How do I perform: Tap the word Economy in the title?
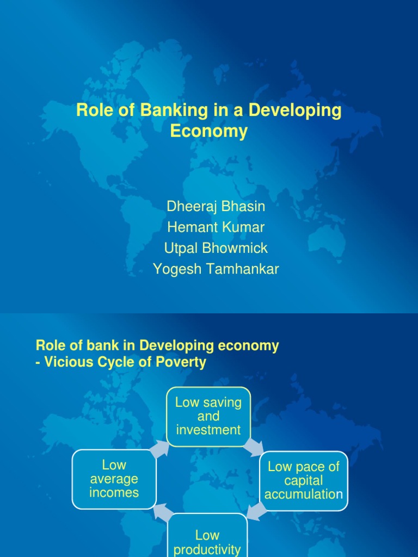click(208, 131)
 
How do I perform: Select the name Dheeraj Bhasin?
click(216, 207)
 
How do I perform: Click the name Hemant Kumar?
click(216, 227)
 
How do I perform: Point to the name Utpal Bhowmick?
click(216, 248)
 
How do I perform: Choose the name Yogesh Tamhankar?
click(216, 269)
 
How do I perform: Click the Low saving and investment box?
click(208, 417)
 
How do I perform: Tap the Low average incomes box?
click(114, 479)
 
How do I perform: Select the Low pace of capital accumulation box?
click(304, 480)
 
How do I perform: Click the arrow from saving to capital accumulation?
click(253, 447)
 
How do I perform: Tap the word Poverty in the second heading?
click(182, 362)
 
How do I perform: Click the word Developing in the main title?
click(296, 110)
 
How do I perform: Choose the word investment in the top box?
click(208, 430)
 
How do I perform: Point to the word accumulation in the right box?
click(304, 494)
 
